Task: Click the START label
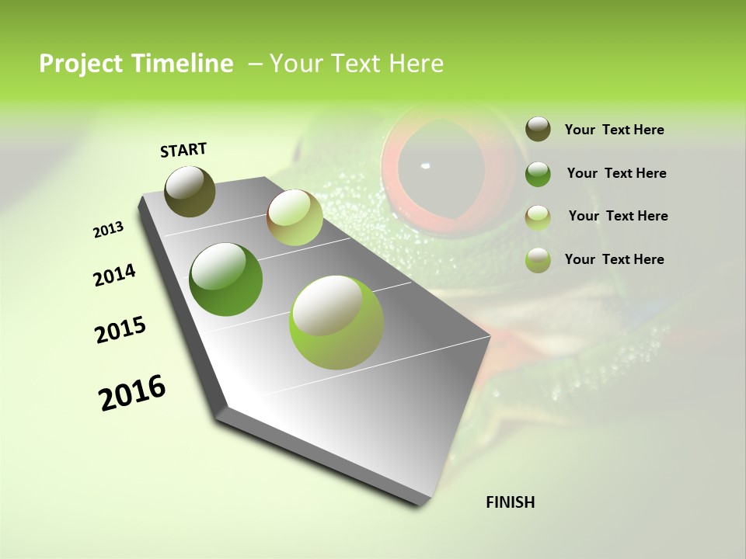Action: (183, 150)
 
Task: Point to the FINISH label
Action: (511, 502)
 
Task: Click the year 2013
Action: (108, 230)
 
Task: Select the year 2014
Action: (114, 276)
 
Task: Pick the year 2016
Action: (132, 393)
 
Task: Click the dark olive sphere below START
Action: (190, 191)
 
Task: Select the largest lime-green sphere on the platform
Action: (336, 322)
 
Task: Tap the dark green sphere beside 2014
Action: (226, 279)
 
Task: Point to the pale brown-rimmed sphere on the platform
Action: (295, 218)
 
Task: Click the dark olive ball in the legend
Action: (538, 130)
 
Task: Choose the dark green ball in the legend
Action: (538, 174)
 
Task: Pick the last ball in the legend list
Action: (538, 260)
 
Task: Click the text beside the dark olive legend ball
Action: (614, 130)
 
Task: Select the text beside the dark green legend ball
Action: (616, 173)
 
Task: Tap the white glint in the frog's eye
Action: (424, 165)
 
